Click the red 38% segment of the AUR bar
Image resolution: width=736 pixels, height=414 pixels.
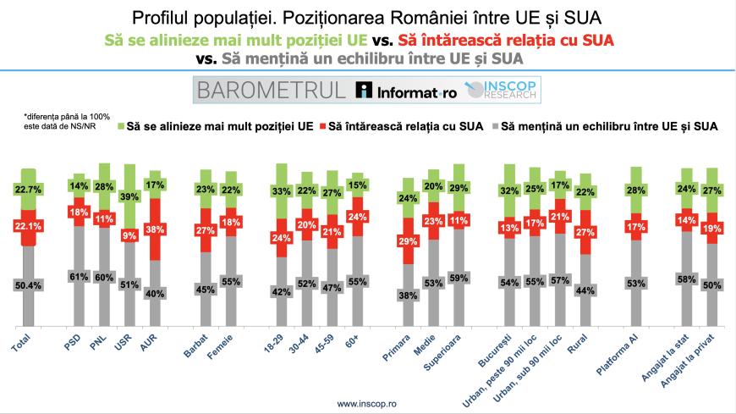(155, 229)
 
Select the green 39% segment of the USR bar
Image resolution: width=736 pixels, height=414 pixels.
(130, 196)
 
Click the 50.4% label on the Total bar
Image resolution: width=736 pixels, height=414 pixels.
(28, 285)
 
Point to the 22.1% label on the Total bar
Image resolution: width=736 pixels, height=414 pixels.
(28, 226)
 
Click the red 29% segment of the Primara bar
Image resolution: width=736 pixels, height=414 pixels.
(408, 241)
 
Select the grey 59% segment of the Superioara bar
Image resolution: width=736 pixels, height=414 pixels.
(457, 276)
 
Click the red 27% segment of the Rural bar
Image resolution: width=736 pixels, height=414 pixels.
(583, 231)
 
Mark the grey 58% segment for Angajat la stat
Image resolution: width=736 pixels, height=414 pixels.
(687, 278)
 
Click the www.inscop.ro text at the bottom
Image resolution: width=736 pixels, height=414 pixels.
(367, 404)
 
